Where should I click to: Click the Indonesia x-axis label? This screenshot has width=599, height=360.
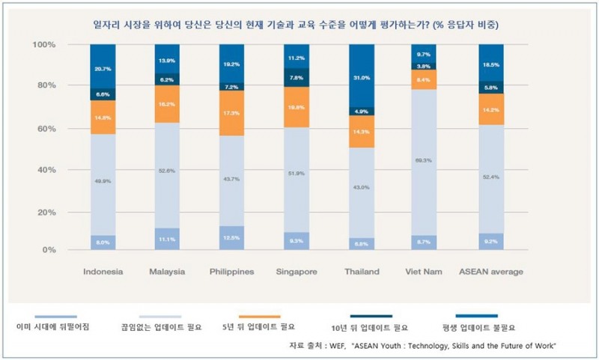(x=103, y=271)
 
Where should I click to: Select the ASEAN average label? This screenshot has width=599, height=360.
(x=490, y=271)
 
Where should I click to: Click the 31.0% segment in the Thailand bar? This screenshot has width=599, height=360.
(x=361, y=77)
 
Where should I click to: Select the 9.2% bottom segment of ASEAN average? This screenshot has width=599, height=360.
(x=490, y=242)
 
